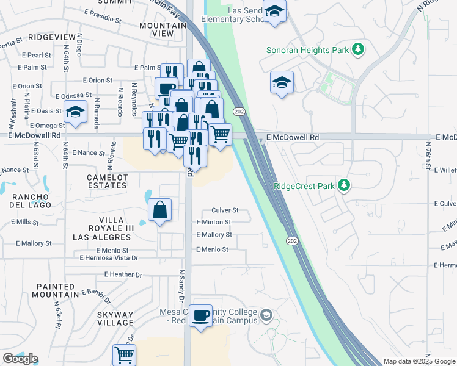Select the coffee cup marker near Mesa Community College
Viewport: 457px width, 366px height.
tap(200, 316)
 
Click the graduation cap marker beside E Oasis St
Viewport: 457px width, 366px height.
tap(75, 113)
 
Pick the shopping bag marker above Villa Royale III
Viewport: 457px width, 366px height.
tap(159, 211)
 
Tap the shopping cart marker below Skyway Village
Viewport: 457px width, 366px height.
tap(124, 355)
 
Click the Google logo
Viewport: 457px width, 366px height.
tap(20, 359)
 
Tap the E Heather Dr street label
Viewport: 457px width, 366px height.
tap(123, 274)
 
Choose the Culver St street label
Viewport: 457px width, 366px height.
tap(224, 210)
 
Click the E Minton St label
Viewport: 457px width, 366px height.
tap(213, 223)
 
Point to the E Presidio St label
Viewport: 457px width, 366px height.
tap(108, 16)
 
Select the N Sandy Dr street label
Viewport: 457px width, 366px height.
tap(181, 286)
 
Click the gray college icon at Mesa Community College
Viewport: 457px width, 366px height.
tap(266, 315)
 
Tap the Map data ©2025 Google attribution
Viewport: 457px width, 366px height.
tap(419, 361)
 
